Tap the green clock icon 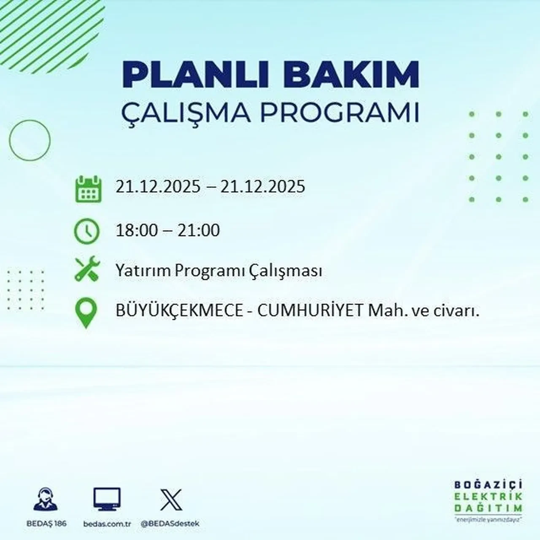pos(87,232)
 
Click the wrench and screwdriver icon pos(87,270)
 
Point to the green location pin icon pos(86,313)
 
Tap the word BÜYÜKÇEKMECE pos(179,311)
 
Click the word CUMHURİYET pos(310,311)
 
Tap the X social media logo pos(171,500)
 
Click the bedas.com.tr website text pos(107,524)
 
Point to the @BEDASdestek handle pos(170,524)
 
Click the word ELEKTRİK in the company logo pos(489,497)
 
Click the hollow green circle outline pos(30,140)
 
